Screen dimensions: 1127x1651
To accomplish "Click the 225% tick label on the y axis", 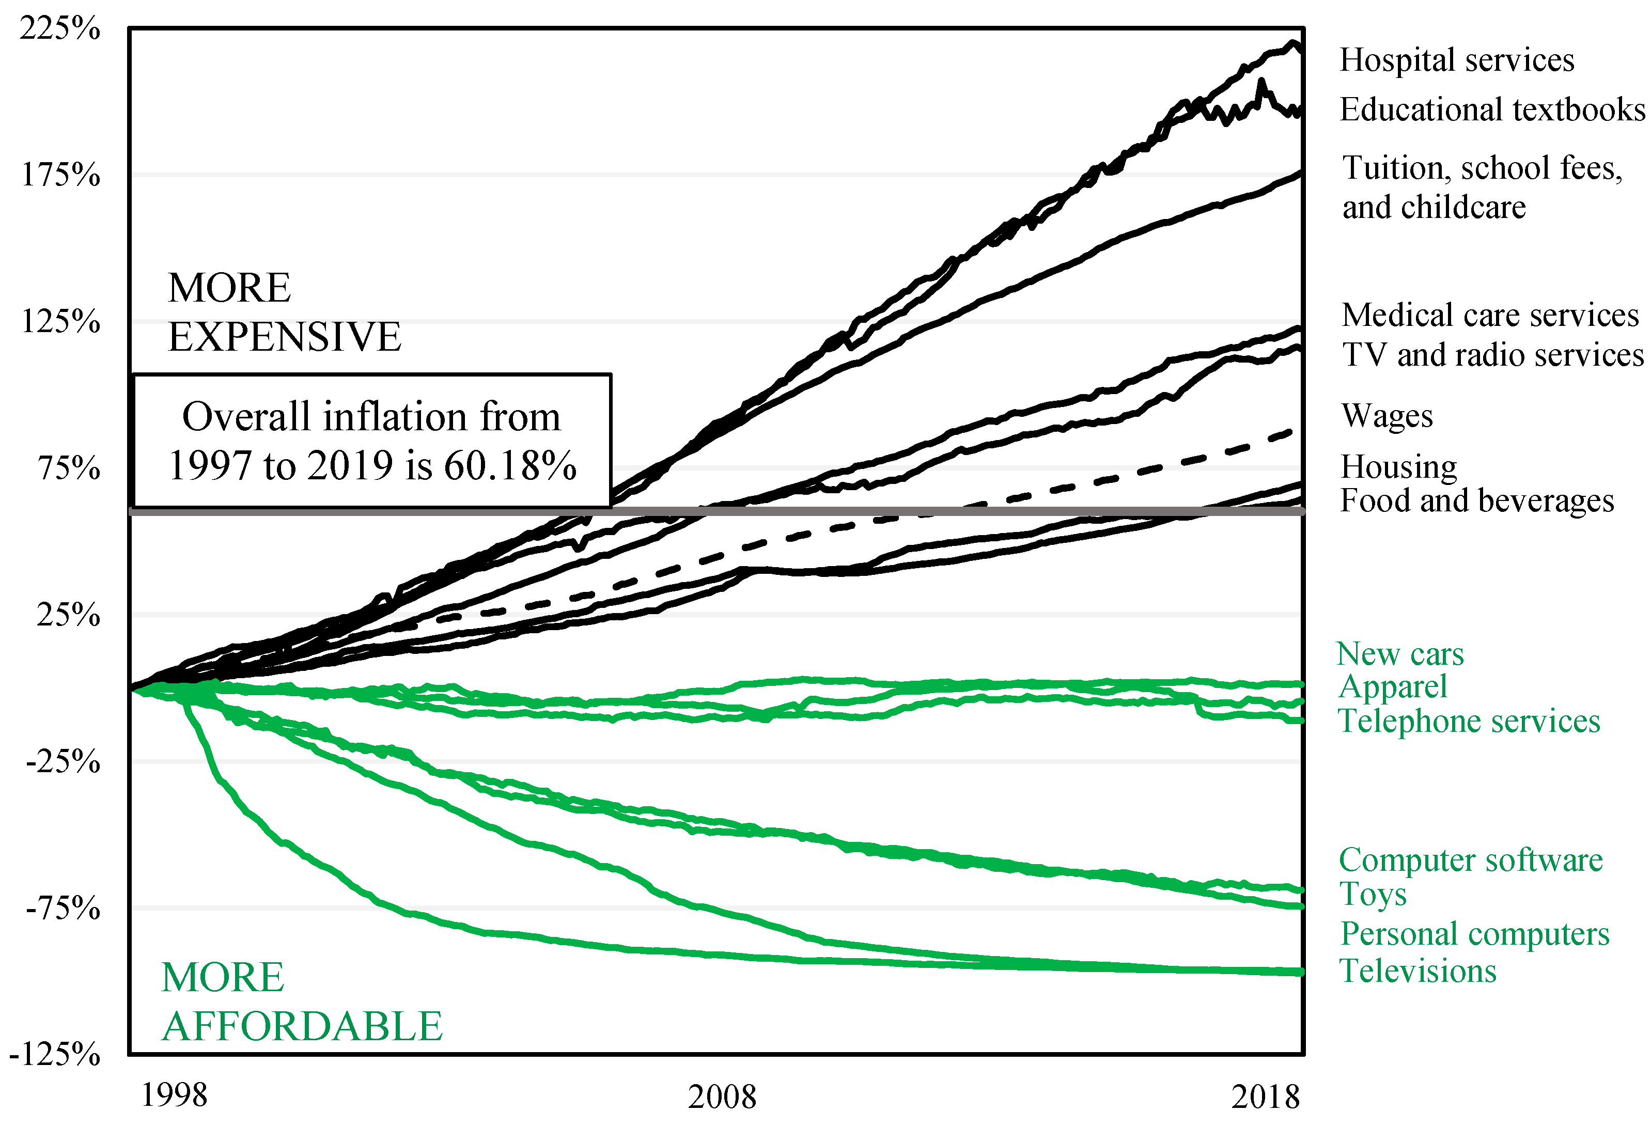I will point(60,28).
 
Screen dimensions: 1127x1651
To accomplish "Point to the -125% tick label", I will point(55,1054).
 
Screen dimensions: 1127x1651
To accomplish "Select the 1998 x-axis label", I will point(174,1095).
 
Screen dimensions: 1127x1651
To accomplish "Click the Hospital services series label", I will point(1456,60).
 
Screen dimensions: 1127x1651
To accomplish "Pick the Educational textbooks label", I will point(1492,110).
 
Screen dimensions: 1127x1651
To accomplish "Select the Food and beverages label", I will point(1477,500).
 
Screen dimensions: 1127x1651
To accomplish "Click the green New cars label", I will point(1399,654).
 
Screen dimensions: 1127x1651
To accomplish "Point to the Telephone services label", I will point(1469,722).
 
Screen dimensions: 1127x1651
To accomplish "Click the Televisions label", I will point(1418,972).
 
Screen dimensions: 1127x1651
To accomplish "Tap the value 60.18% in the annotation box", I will point(510,466).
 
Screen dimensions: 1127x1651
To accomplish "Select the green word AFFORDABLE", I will point(302,1027).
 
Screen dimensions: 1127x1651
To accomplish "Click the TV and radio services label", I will point(1492,355).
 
